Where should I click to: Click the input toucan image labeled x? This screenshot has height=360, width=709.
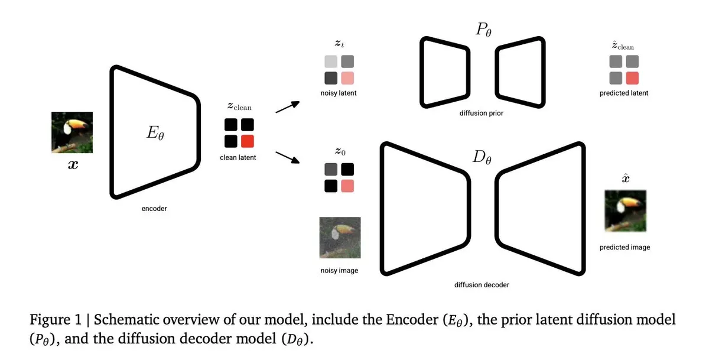pyautogui.click(x=72, y=132)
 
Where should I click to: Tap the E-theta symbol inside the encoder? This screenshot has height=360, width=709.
pyautogui.click(x=155, y=132)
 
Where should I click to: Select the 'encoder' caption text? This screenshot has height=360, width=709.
pyautogui.click(x=154, y=209)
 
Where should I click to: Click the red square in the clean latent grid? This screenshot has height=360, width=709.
pyautogui.click(x=248, y=141)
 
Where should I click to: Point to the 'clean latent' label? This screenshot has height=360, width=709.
pyautogui.click(x=238, y=157)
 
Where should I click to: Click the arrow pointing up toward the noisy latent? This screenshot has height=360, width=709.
pyautogui.click(x=288, y=107)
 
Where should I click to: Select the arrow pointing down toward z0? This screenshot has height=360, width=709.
pyautogui.click(x=288, y=157)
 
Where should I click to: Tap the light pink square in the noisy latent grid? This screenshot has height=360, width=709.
pyautogui.click(x=347, y=78)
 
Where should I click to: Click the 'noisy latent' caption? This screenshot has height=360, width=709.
pyautogui.click(x=339, y=93)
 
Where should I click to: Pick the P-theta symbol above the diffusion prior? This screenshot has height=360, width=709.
pyautogui.click(x=484, y=30)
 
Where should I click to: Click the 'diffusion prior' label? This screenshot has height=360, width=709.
pyautogui.click(x=482, y=113)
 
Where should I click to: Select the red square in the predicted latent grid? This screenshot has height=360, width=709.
pyautogui.click(x=632, y=78)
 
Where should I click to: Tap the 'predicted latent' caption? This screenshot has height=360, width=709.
pyautogui.click(x=624, y=93)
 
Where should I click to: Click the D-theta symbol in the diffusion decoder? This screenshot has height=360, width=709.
pyautogui.click(x=482, y=157)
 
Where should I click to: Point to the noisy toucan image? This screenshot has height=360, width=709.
pyautogui.click(x=340, y=238)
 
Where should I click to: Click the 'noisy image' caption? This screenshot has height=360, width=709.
pyautogui.click(x=339, y=270)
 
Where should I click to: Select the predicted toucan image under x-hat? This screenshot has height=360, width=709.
pyautogui.click(x=626, y=211)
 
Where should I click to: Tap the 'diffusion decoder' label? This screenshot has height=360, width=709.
pyautogui.click(x=482, y=285)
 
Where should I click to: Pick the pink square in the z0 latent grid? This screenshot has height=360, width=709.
pyautogui.click(x=347, y=186)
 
